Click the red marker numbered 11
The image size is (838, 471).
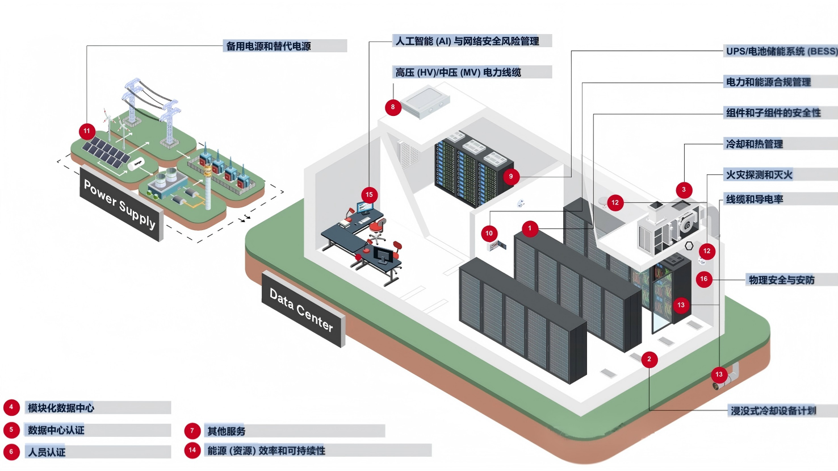87,131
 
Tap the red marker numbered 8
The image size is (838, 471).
393,107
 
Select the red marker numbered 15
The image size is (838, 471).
369,195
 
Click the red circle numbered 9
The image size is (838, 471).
510,176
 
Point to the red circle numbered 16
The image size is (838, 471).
703,279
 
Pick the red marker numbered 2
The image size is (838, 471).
649,360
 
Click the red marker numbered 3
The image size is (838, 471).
684,190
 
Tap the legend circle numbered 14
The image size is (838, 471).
192,450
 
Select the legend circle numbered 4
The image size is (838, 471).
11,407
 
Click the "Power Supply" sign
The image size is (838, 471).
121,204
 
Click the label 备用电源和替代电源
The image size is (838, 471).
269,46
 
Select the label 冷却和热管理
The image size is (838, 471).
754,144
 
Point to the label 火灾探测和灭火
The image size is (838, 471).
759,175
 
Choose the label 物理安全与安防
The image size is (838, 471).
782,280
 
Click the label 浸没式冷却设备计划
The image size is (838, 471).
773,411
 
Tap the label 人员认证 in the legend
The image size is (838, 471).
47,452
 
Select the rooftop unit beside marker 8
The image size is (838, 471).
425,102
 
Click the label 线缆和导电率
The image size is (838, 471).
754,199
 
